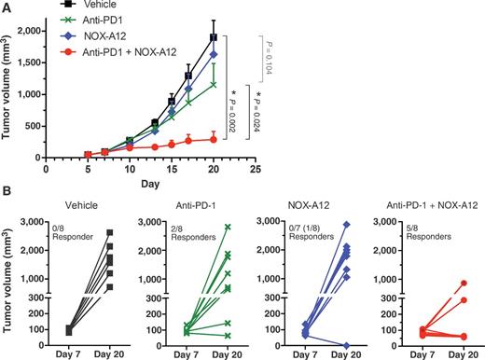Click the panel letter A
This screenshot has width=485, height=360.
click(x=7, y=7)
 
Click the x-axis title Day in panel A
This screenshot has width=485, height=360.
click(x=144, y=184)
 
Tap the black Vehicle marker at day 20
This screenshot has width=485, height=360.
click(x=214, y=37)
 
